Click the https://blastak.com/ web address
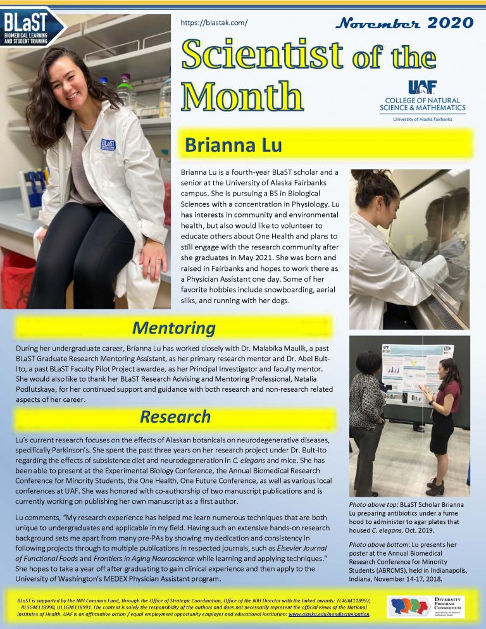214,23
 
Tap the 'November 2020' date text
404,24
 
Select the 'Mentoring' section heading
173,328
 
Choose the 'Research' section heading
175,416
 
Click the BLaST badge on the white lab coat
108,145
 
